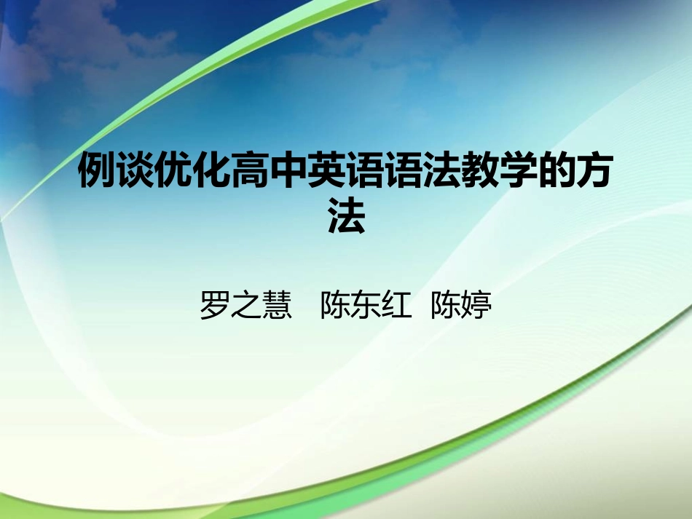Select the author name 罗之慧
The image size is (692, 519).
(x=245, y=306)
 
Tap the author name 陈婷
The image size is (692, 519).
(x=461, y=306)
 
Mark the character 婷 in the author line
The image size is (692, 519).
(x=477, y=306)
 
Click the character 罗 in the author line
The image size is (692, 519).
(x=214, y=306)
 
